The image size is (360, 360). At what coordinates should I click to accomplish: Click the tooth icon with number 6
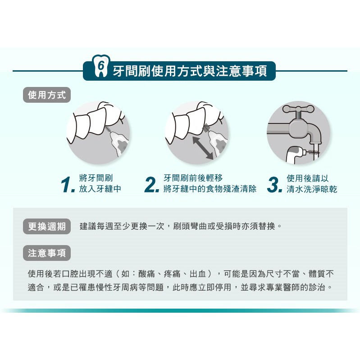[101, 66]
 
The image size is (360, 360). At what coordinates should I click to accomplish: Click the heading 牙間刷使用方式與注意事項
[190, 71]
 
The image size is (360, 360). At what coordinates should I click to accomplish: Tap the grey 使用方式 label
[47, 95]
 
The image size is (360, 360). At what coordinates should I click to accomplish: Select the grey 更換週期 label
[47, 226]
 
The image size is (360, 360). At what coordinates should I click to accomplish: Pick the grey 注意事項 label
[47, 253]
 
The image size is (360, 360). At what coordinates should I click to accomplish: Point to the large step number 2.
[152, 185]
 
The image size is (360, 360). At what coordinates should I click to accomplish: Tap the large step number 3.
[274, 185]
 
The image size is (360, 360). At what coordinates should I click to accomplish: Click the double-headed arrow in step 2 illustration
[203, 148]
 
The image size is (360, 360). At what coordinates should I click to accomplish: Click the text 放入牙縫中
[100, 189]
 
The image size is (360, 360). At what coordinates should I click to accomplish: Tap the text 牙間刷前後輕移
[193, 178]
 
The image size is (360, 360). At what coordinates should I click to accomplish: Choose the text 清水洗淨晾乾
[312, 189]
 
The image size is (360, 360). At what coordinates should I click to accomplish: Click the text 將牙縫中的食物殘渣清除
[210, 189]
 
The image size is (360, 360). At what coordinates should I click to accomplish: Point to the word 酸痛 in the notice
[147, 273]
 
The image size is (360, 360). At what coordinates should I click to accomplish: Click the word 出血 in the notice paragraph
[198, 273]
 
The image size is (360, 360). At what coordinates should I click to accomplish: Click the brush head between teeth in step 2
[207, 128]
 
